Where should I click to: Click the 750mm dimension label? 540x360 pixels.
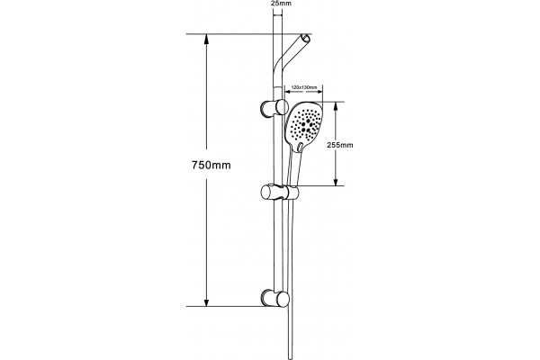tap(211, 166)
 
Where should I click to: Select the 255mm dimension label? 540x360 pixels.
tap(340, 145)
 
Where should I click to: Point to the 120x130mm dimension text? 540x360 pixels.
tap(304, 87)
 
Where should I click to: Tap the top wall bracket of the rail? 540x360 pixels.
tap(274, 107)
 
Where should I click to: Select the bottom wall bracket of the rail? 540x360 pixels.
tap(274, 298)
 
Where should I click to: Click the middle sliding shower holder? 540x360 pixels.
tap(279, 193)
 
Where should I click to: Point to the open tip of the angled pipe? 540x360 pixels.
tap(306, 38)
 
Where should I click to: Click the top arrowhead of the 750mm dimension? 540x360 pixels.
tap(206, 39)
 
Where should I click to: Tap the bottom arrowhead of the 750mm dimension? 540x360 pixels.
tap(206, 301)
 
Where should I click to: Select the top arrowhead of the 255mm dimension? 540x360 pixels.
tap(336, 106)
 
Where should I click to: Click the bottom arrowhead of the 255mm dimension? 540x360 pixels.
tap(336, 182)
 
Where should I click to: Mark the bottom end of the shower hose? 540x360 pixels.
tap(289, 358)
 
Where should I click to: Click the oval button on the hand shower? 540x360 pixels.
tap(301, 147)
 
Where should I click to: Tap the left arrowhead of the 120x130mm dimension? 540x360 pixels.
tap(287, 92)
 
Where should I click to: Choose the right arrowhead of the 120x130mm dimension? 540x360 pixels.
tap(319, 92)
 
